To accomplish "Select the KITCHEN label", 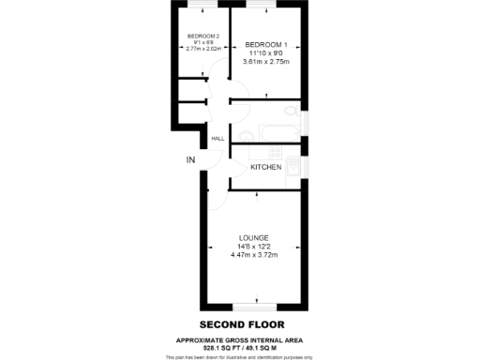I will (266, 167).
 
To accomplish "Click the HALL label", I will (217, 139).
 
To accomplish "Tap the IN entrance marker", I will (191, 160).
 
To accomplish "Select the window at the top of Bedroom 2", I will (204, 5).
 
